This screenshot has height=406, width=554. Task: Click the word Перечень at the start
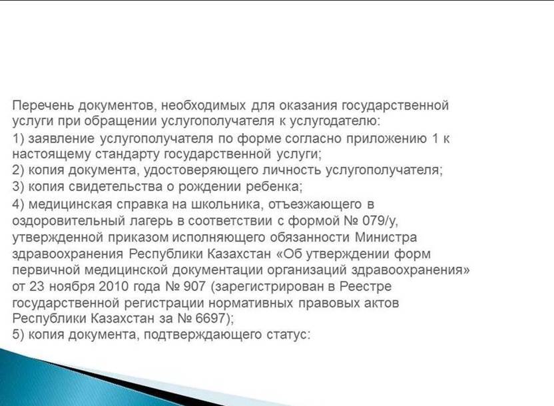(x=43, y=106)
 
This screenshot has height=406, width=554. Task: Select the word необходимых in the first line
(x=204, y=106)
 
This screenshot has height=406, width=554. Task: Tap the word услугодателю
(x=335, y=121)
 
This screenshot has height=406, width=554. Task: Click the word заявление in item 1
(x=61, y=138)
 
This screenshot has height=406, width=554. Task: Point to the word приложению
(x=386, y=138)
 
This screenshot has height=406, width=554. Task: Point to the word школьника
(x=228, y=204)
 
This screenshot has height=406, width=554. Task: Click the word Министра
(x=386, y=237)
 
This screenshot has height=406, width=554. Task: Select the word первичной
(x=47, y=270)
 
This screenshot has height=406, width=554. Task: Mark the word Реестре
(x=366, y=286)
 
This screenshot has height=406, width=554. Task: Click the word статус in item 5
(x=286, y=335)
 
